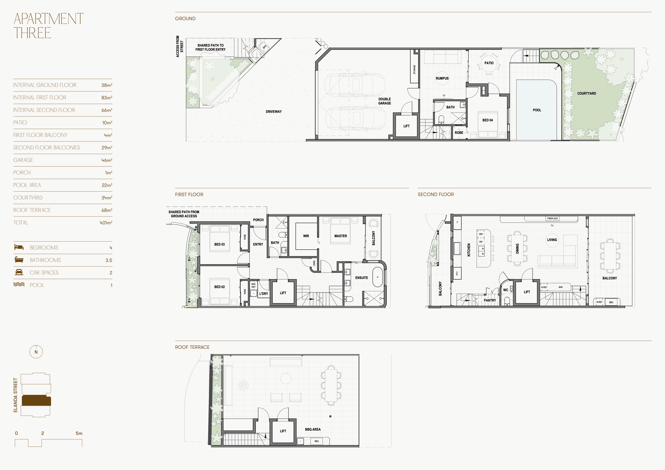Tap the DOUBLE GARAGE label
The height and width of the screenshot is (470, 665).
point(385,101)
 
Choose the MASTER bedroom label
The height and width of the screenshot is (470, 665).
point(341,236)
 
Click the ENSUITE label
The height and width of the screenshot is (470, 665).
point(361,278)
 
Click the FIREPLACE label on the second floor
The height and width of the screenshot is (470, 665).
point(552,219)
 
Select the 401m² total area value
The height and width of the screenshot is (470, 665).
point(106,223)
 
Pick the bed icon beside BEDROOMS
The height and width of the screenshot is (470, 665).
point(19,247)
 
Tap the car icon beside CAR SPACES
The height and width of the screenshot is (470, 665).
point(19,272)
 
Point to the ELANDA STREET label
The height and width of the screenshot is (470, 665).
point(16,395)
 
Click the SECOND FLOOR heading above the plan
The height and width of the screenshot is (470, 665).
point(436,194)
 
